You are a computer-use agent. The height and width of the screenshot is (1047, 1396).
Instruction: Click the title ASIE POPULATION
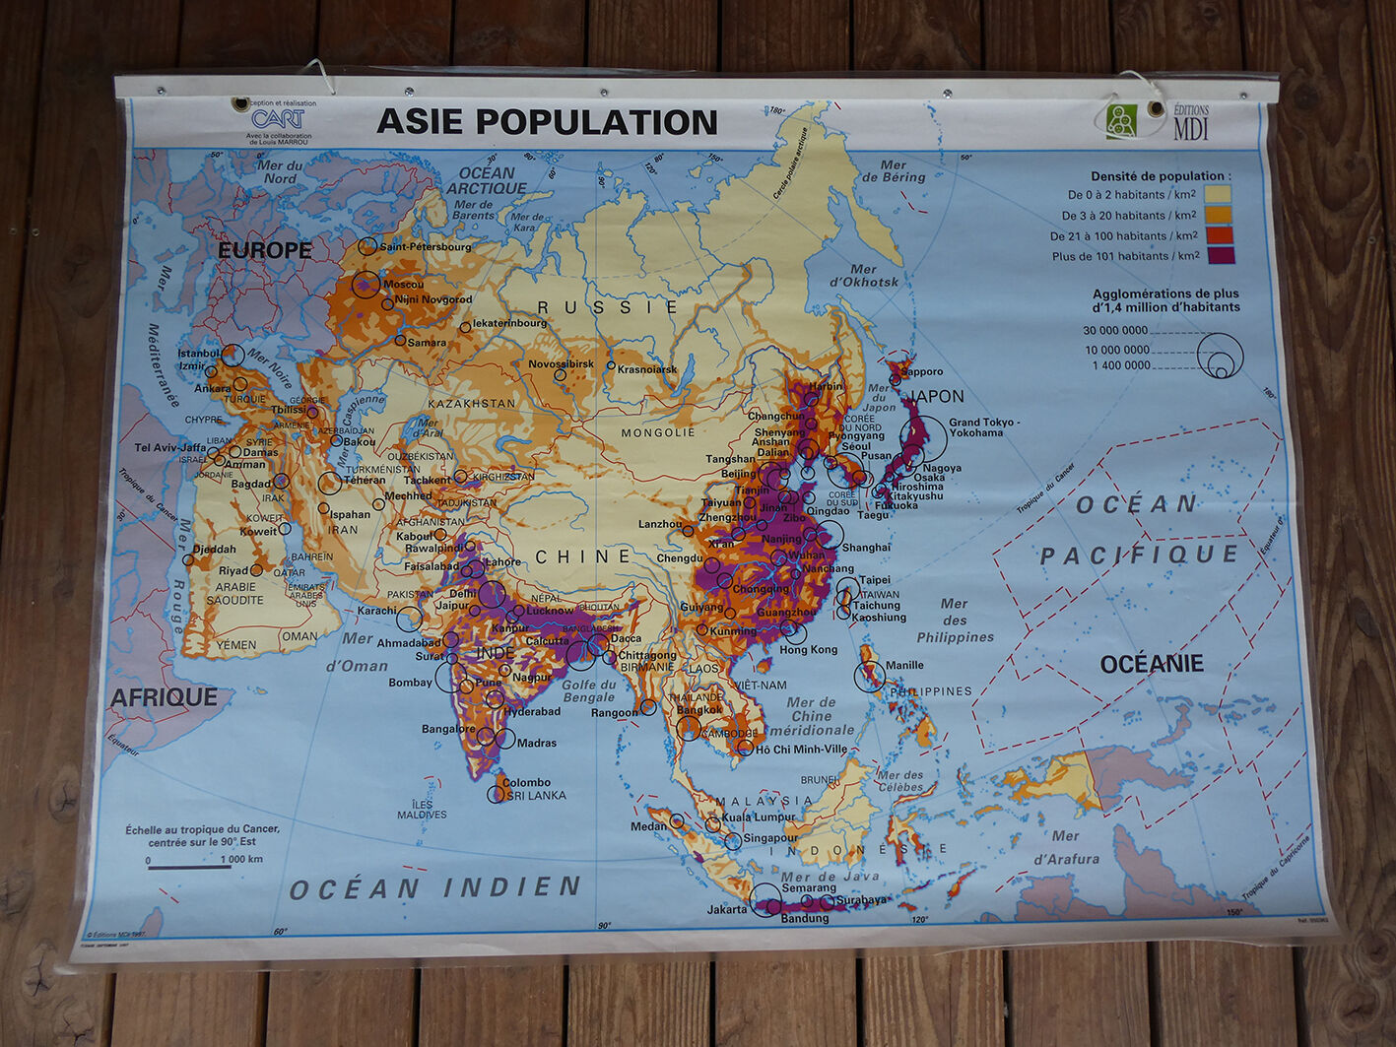pos(547,121)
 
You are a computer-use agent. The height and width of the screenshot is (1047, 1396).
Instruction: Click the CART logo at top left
pos(278,119)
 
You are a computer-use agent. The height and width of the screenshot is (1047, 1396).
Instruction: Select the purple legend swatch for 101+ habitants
pos(1219,256)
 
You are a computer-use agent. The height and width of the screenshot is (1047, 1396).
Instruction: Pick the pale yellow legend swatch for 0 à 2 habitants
pos(1219,195)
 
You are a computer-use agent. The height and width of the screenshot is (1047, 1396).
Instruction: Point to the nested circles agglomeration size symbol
pos(1220,356)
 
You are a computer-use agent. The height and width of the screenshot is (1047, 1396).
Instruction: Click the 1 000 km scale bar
pos(189,866)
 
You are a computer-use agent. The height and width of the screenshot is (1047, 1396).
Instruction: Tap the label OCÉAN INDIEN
pos(434,888)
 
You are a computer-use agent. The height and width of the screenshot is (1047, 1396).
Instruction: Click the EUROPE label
pos(264,250)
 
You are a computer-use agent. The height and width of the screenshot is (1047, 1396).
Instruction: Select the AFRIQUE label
pos(164,697)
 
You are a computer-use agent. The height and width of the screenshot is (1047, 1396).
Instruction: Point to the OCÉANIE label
pos(1151,664)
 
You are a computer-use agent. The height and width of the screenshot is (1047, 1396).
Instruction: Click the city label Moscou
pos(403,284)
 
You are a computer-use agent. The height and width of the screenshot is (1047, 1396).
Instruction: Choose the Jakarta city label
pos(727,909)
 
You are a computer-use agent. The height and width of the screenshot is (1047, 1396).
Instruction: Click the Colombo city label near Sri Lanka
pos(526,783)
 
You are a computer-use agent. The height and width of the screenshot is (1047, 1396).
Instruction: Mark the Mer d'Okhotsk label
pos(864,275)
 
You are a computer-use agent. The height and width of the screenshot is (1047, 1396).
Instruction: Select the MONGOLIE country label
pos(657,432)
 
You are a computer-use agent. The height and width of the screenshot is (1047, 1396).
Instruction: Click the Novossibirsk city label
pos(561,363)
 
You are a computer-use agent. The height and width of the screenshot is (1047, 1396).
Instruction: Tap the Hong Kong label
pos(808,650)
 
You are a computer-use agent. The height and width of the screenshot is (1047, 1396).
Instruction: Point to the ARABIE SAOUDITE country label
pos(234,593)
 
